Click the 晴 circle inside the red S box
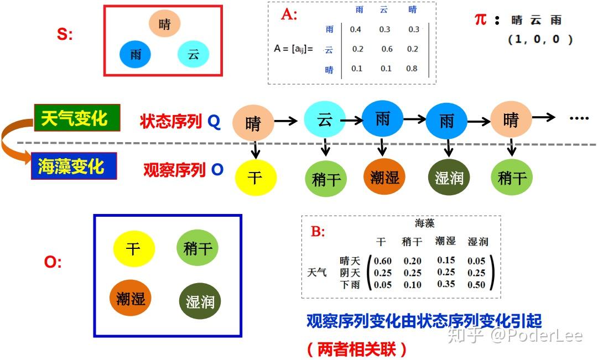pos(164,24)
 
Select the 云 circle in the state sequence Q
pos(325,119)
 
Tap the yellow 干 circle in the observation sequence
pos(255,178)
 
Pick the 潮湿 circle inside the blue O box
pos(131,298)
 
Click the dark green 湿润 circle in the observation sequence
pos(449,178)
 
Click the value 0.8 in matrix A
pos(412,69)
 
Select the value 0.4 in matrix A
pos(356,29)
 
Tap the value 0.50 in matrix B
pos(476,285)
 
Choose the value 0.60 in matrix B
pos(382,261)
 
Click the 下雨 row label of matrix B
pos(350,285)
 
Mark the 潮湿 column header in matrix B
pos(445,241)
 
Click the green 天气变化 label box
pos(77,118)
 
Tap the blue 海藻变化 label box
pos(74,166)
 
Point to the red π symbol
pos(481,18)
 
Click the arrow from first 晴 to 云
pos(286,121)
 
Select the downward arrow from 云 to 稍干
pos(325,147)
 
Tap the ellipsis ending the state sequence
pos(579,118)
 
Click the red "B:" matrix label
pos(318,231)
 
